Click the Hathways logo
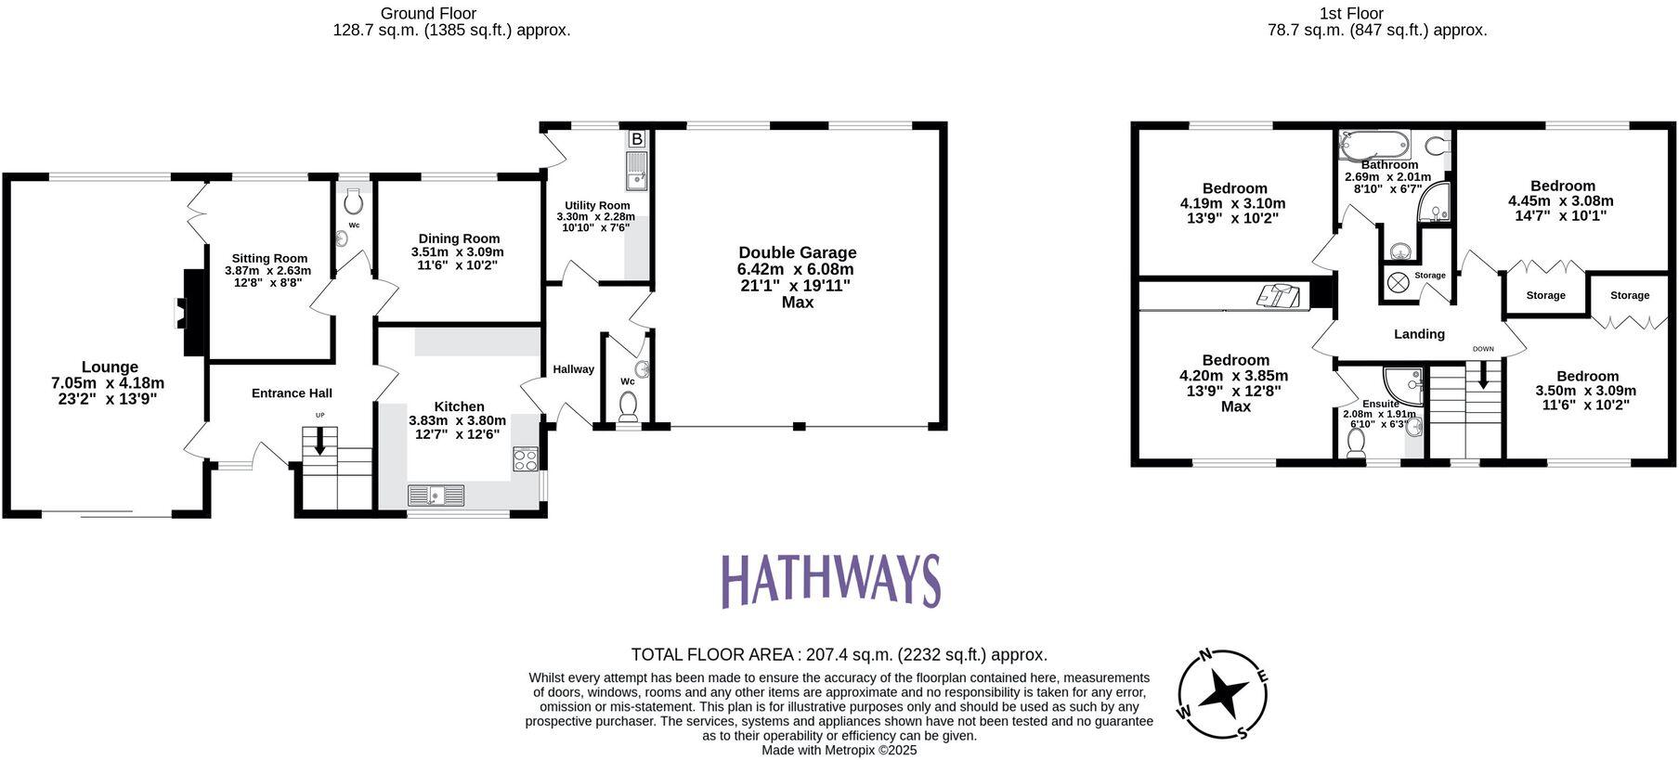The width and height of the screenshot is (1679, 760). pos(831,581)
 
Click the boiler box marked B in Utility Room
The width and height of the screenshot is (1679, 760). pos(637,139)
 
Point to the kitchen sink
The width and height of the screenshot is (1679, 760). pos(436,496)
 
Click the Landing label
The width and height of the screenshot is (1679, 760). pos(1419,334)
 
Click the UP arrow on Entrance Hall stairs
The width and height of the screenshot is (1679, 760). pos(319,440)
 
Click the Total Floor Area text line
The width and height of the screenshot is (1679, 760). pos(839,654)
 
